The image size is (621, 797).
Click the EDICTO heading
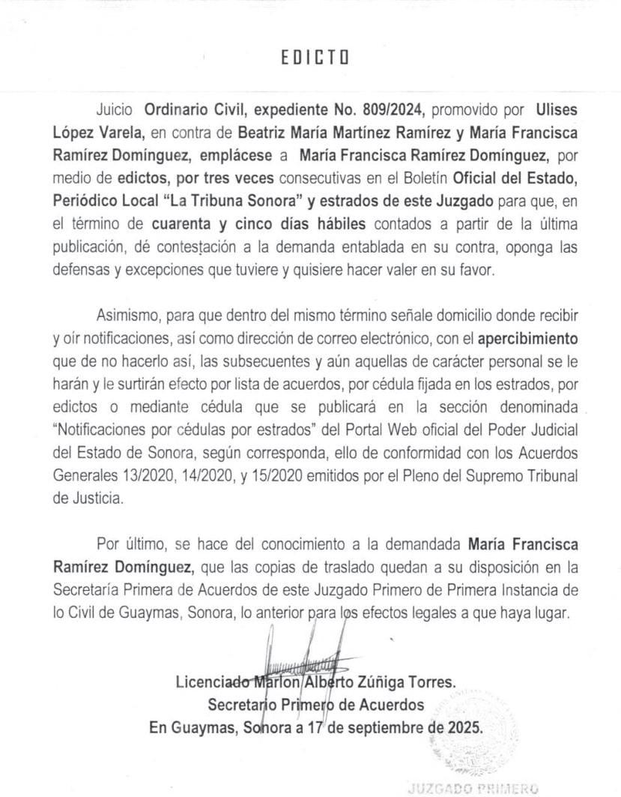pos(315,58)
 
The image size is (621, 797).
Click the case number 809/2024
pos(393,109)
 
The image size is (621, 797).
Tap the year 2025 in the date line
pos(465,727)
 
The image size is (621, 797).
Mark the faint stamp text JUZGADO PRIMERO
pos(473,788)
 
